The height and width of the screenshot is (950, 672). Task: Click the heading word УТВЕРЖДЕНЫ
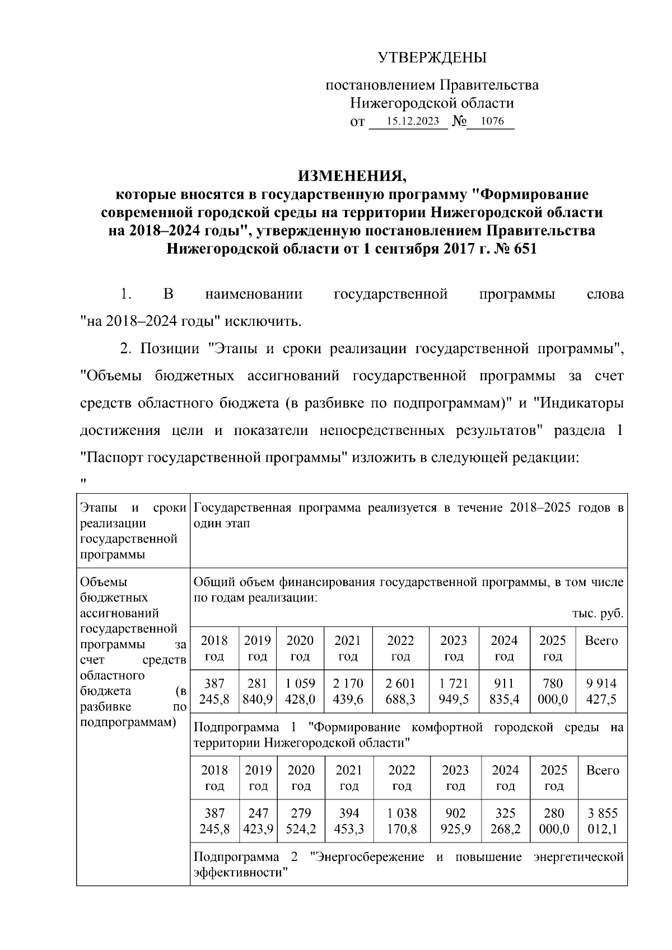pyautogui.click(x=432, y=58)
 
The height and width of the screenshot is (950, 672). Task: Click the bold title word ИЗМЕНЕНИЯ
pyautogui.click(x=352, y=176)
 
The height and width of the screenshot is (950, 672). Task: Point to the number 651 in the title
pyautogui.click(x=521, y=249)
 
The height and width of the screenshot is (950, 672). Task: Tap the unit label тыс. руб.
pyautogui.click(x=598, y=614)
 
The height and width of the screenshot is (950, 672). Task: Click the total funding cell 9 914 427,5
pyautogui.click(x=601, y=691)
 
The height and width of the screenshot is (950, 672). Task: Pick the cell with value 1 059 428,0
pyautogui.click(x=301, y=691)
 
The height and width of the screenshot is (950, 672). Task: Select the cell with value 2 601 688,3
pyautogui.click(x=400, y=691)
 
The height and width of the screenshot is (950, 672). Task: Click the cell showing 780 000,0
pyautogui.click(x=553, y=691)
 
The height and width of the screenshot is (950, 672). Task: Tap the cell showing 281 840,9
pyautogui.click(x=258, y=691)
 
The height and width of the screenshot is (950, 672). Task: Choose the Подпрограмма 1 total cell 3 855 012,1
pyautogui.click(x=602, y=821)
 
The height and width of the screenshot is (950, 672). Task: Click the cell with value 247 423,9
pyautogui.click(x=258, y=821)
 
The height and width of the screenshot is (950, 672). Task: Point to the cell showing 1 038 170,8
pyautogui.click(x=402, y=821)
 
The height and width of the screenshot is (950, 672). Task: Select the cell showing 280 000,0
pyautogui.click(x=554, y=821)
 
